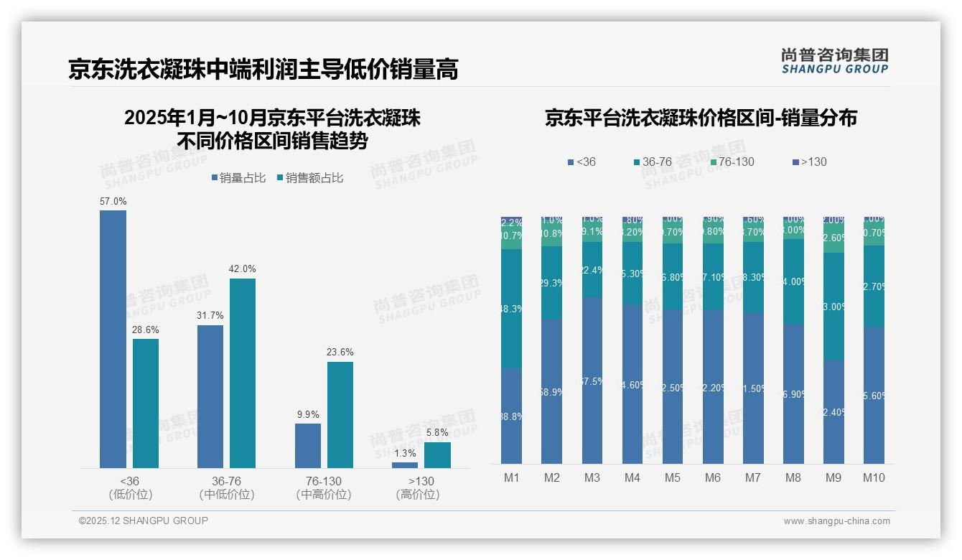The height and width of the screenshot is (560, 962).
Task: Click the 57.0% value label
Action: [113, 202]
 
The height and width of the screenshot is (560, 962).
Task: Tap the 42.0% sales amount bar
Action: [243, 373]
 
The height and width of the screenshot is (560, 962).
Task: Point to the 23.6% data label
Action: [340, 353]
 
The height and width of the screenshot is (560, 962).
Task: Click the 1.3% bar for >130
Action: [405, 465]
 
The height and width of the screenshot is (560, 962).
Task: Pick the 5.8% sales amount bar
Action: [437, 455]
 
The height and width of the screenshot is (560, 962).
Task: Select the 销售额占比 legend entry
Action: [309, 178]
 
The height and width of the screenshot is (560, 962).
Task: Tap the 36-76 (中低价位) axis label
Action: [226, 487]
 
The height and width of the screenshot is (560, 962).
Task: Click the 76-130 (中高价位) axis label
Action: [323, 487]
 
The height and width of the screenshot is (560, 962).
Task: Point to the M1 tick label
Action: [511, 478]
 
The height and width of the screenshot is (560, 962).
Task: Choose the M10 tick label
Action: [874, 478]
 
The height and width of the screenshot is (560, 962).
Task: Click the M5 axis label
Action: [672, 478]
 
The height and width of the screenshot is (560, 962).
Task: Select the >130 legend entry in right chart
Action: [809, 162]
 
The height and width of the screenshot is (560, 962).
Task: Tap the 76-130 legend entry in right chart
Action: [732, 162]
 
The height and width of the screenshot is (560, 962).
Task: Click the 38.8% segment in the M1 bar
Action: [511, 416]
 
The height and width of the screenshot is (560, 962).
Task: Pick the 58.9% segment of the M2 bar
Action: [551, 391]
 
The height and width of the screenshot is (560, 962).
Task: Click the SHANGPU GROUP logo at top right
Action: [834, 61]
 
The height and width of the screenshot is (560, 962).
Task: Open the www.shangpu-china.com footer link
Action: [836, 521]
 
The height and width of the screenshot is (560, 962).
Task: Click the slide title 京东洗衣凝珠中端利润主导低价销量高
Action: [263, 70]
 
